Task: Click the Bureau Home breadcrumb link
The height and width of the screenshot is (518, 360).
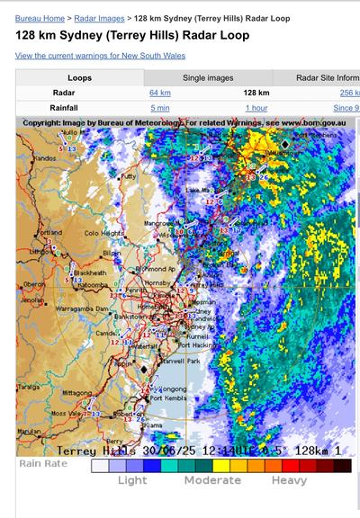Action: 40,17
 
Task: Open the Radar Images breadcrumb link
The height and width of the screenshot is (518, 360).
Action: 100,17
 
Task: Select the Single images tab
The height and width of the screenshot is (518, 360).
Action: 208,77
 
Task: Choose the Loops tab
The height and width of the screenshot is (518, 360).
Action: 80,77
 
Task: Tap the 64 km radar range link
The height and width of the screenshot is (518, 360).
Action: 159,93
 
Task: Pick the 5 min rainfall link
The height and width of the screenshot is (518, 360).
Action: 159,108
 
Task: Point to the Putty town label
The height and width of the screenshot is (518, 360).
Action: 129,176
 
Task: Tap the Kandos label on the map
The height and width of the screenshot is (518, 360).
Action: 45,157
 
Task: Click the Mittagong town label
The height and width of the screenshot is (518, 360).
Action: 76,393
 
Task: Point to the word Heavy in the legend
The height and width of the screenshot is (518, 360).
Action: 290,480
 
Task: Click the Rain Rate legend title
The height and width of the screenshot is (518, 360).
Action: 44,464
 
